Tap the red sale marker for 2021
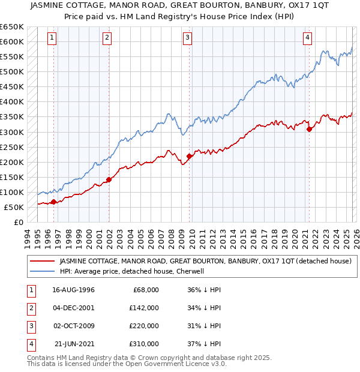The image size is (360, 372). [x=309, y=128]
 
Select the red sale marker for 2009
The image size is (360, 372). [x=189, y=156]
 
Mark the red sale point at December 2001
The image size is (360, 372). [x=109, y=179]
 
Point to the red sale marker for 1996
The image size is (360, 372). [x=54, y=202]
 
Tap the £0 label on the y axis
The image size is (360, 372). [x=18, y=222]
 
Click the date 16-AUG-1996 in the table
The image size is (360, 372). [x=73, y=290]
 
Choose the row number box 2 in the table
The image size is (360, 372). [x=30, y=308]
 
